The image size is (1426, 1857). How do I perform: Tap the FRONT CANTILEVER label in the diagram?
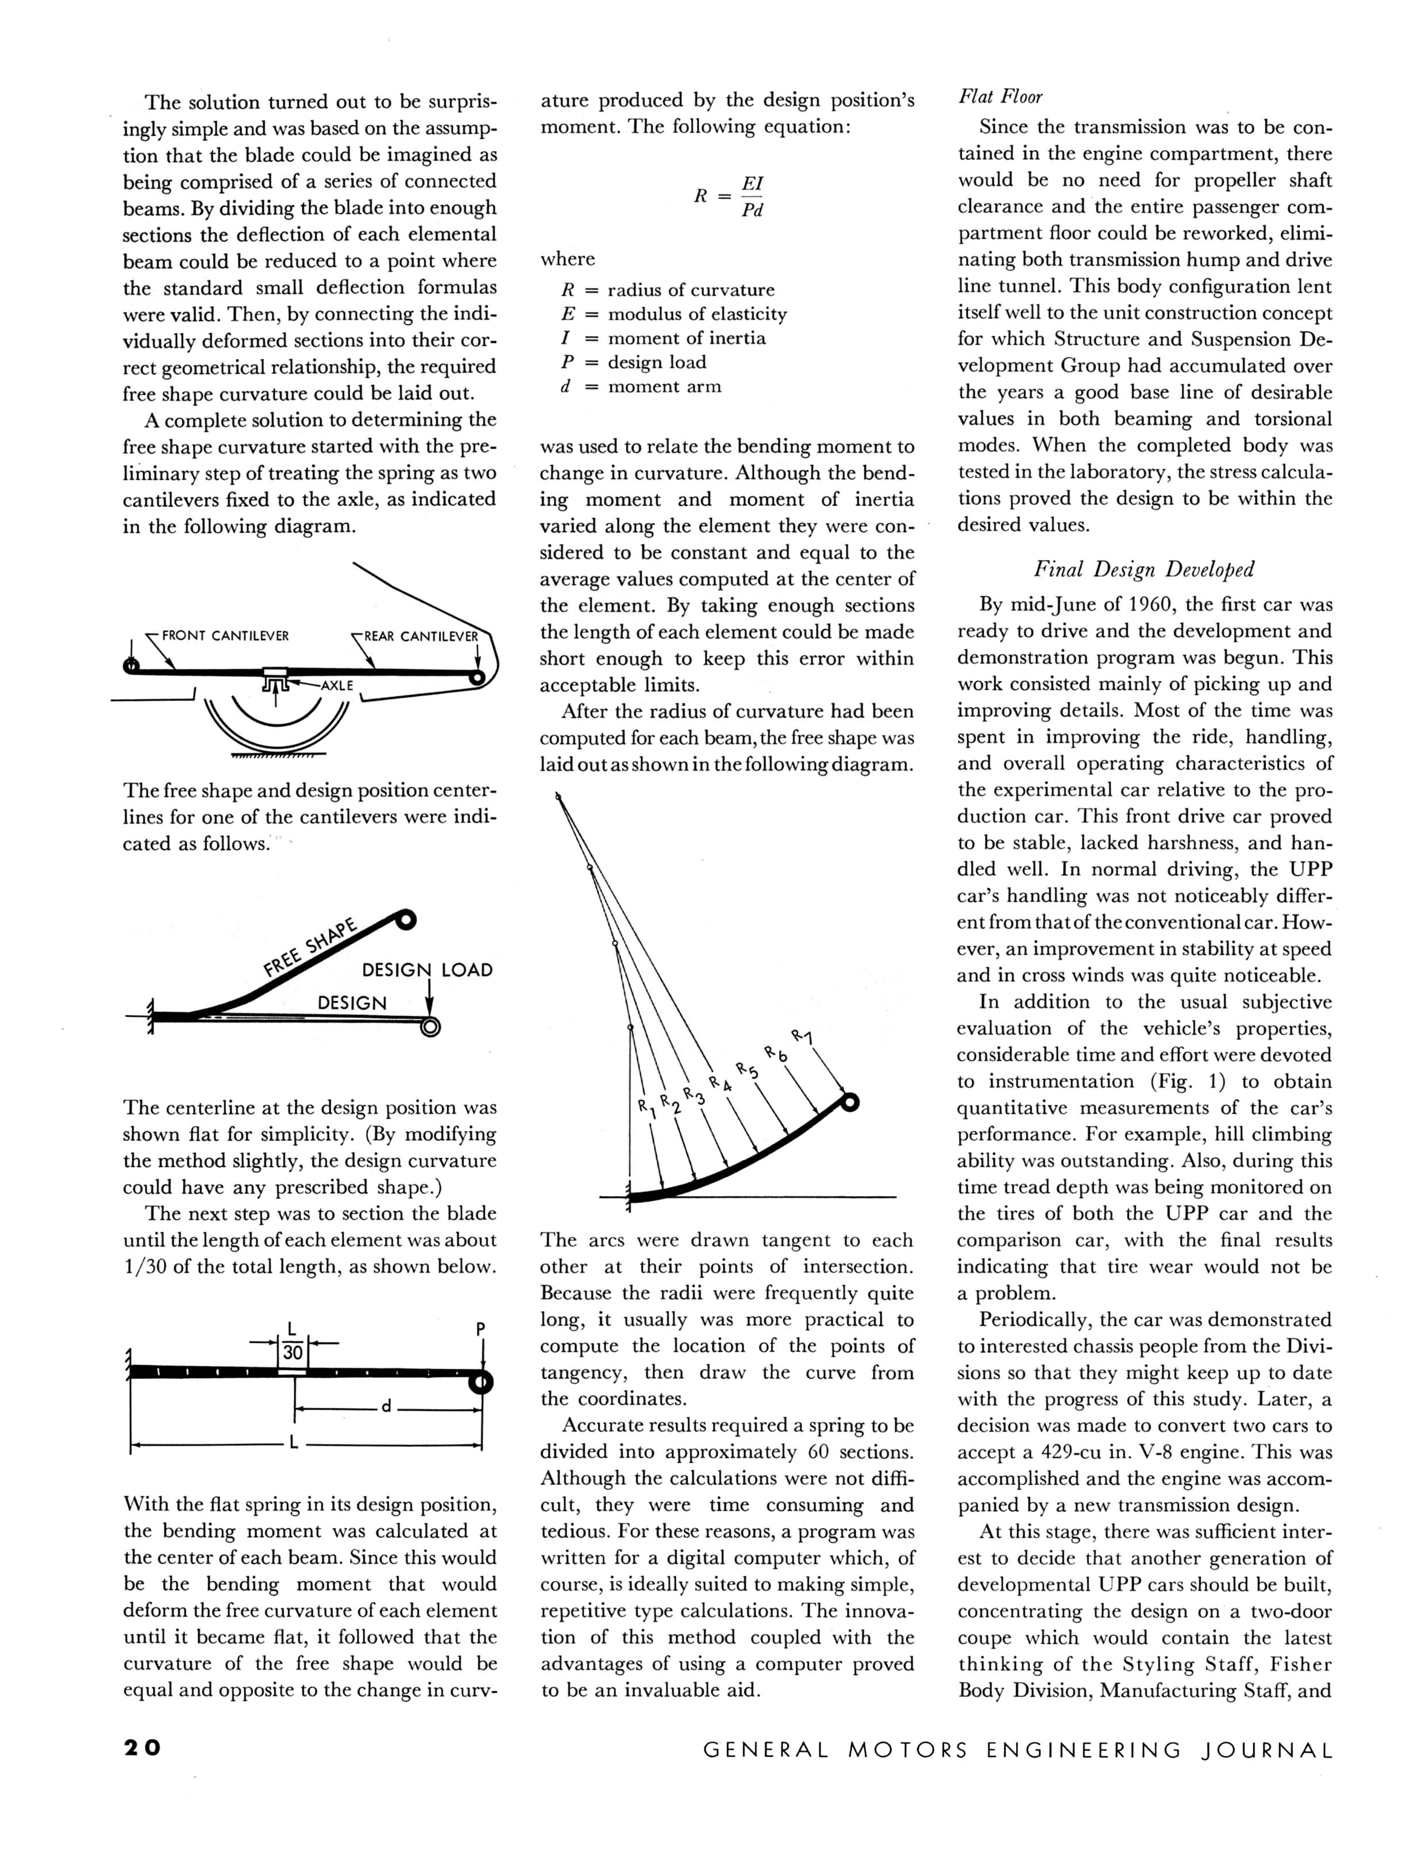pyautogui.click(x=225, y=635)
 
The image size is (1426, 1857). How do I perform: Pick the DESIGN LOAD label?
pyautogui.click(x=427, y=970)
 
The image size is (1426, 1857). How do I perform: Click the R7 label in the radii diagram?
pyautogui.click(x=802, y=1037)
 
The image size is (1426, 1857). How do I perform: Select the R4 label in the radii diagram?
pyautogui.click(x=720, y=1084)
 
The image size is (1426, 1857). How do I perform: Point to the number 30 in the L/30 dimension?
pyautogui.click(x=293, y=1353)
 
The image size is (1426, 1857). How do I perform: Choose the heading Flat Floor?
pyautogui.click(x=1000, y=97)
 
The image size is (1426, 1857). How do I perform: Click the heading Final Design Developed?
pyautogui.click(x=1143, y=569)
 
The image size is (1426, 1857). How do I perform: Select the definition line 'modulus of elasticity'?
pyautogui.click(x=697, y=314)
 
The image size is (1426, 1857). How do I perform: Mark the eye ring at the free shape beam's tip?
pyautogui.click(x=406, y=919)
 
